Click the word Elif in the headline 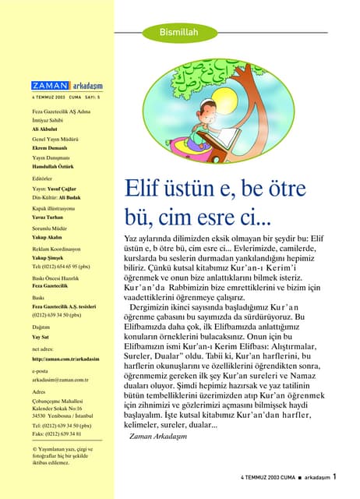[x=141, y=189]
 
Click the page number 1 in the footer [x=334, y=475]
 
